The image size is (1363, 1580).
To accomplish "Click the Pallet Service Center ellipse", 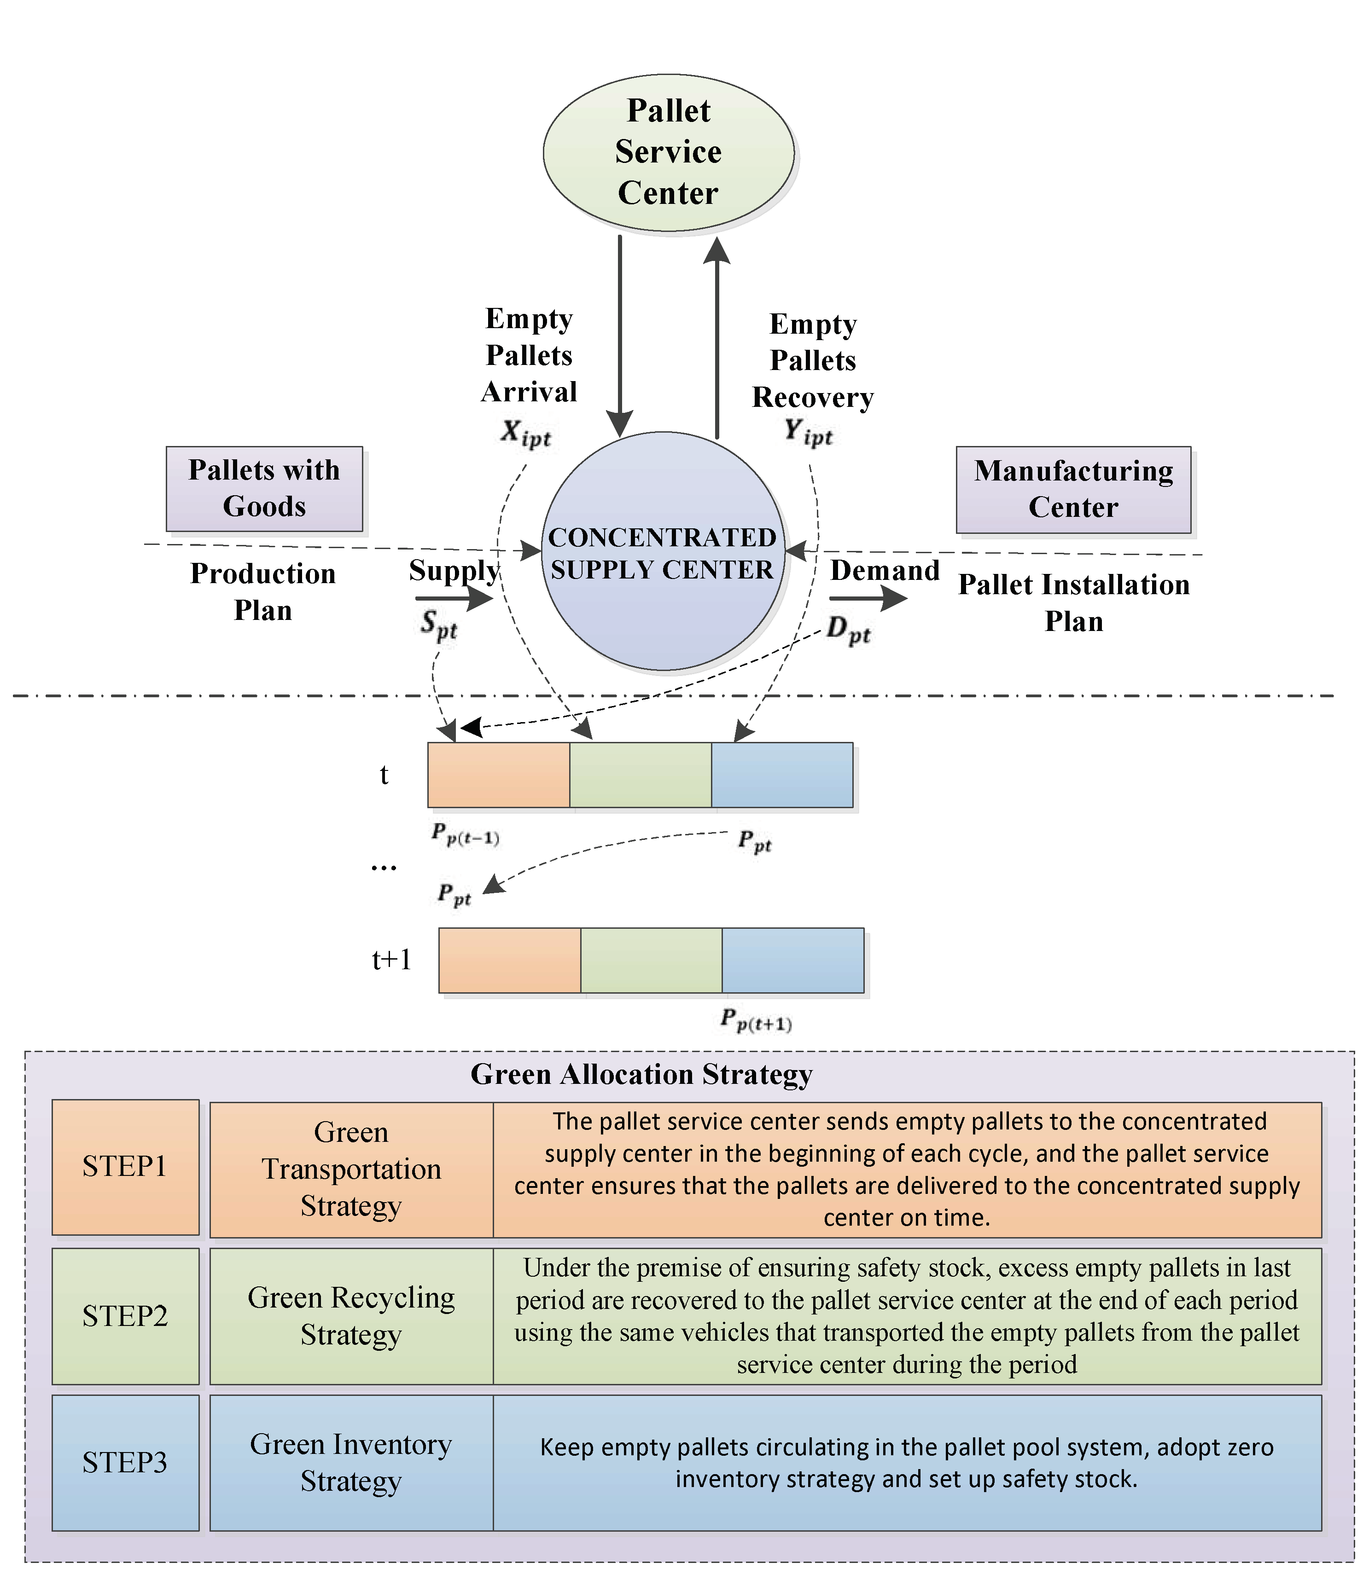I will point(668,152).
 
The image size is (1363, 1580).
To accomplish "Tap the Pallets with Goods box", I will point(264,489).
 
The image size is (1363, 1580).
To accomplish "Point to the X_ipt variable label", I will point(525,434).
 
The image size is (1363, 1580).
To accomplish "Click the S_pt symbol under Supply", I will point(438,625).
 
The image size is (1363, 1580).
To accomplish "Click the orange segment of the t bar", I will point(498,775).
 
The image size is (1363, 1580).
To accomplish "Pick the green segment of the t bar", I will point(640,775).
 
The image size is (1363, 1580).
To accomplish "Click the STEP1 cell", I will point(125,1167).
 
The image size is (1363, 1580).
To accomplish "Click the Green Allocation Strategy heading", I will point(641,1075).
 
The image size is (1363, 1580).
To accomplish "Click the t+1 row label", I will point(391,959).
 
